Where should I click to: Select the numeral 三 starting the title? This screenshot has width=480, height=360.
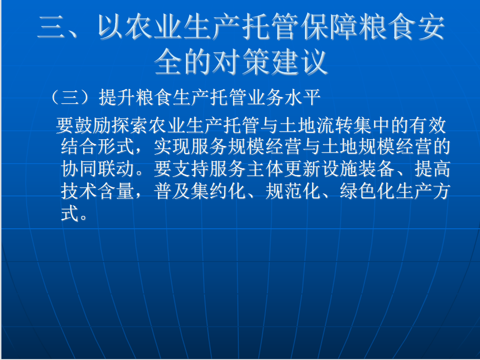tap(51, 27)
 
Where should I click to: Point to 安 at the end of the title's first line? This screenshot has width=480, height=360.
tap(431, 27)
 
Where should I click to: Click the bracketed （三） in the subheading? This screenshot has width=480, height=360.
tap(70, 97)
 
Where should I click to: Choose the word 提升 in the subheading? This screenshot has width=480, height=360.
tap(117, 97)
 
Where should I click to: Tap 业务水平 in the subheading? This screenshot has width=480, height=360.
tap(284, 97)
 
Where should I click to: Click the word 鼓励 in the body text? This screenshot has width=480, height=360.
tap(93, 125)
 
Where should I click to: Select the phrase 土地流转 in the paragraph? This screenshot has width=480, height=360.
tap(316, 125)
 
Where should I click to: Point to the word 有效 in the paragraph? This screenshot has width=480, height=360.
tap(428, 125)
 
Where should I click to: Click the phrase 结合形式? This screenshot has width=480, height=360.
tap(98, 146)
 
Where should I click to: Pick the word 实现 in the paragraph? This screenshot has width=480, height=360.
tap(172, 146)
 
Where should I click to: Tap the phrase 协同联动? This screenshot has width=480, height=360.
tap(98, 168)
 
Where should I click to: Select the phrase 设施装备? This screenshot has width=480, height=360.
tap(358, 168)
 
